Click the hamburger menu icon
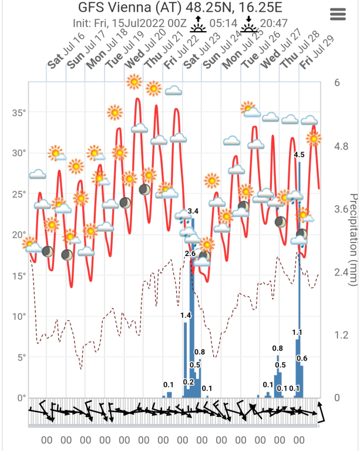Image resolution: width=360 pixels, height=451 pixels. coord(338,15)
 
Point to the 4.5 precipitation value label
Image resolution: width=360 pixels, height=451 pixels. coord(298,155)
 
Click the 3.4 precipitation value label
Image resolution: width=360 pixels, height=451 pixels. coord(193,211)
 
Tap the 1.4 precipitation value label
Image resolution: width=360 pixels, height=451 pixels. coord(186,315)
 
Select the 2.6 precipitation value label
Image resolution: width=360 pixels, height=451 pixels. coord(190,253)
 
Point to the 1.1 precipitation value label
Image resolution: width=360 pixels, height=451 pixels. coord(297,332)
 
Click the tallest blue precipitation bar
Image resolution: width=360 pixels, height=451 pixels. coord(300,282)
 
